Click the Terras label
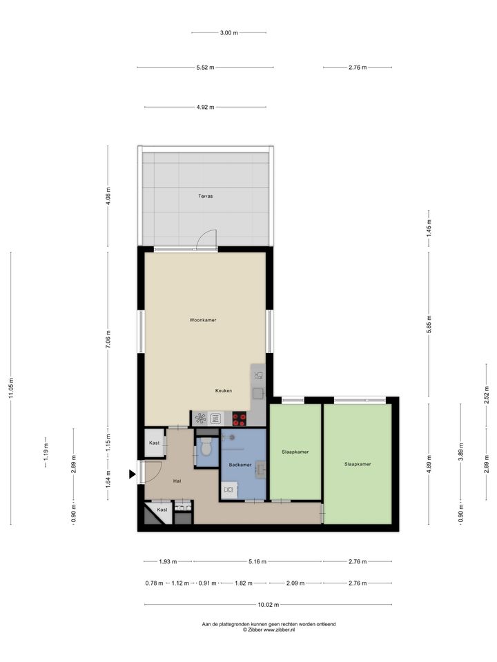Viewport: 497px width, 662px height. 206,196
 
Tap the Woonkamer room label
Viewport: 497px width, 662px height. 203,320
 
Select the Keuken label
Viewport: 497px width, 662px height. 224,390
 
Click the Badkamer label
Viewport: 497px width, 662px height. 240,465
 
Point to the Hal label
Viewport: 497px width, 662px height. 177,481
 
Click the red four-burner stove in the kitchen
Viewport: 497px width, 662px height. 240,419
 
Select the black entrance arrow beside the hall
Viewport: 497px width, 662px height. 133,474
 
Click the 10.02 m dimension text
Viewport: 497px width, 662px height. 269,605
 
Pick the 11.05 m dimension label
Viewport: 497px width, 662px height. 11,388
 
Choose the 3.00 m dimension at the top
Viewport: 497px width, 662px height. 228,32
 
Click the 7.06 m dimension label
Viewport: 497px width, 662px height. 108,340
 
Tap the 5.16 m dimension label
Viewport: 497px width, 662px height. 257,561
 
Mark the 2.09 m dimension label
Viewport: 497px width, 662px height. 295,583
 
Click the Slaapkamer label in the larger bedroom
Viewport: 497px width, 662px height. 358,464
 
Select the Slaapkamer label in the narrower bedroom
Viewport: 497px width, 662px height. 295,452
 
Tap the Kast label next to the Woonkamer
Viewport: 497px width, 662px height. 154,443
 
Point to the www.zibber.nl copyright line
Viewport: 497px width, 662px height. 269,630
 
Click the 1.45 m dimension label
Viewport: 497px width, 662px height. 429,228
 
